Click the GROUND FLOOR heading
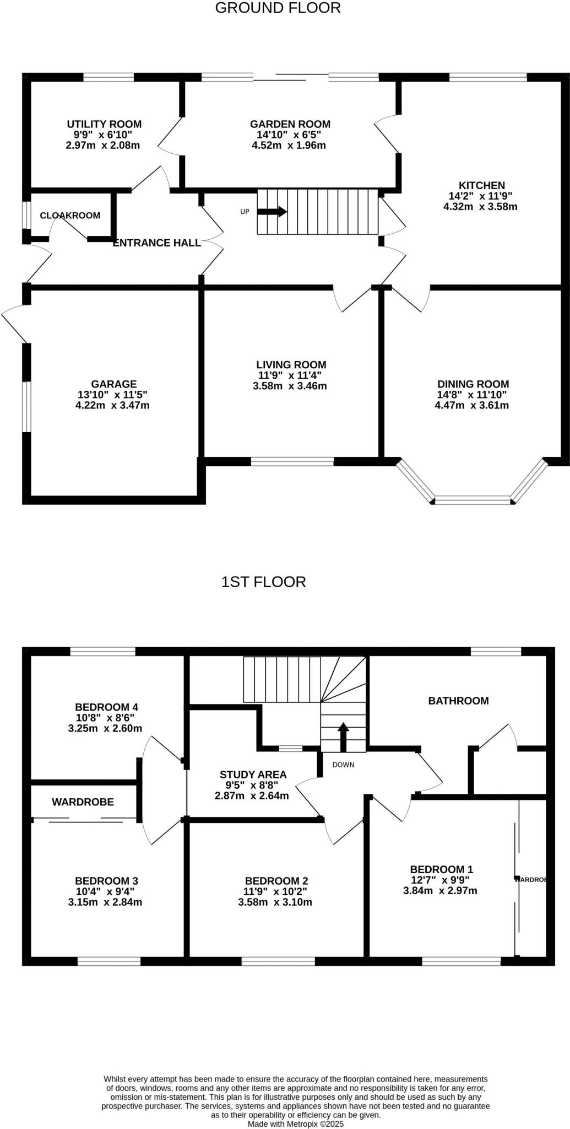point(278,8)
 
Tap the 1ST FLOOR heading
point(263,582)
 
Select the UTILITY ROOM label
point(104,124)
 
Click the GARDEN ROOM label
point(290,124)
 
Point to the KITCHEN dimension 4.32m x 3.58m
point(480,207)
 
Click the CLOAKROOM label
point(70,216)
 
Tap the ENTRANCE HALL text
point(156,243)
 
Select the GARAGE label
point(113,384)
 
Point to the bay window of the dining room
point(473,500)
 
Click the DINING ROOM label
point(473,384)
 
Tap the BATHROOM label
point(458,701)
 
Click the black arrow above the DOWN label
point(343,736)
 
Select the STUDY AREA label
point(253,775)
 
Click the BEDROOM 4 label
point(106,707)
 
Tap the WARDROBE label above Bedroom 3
point(83,802)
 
